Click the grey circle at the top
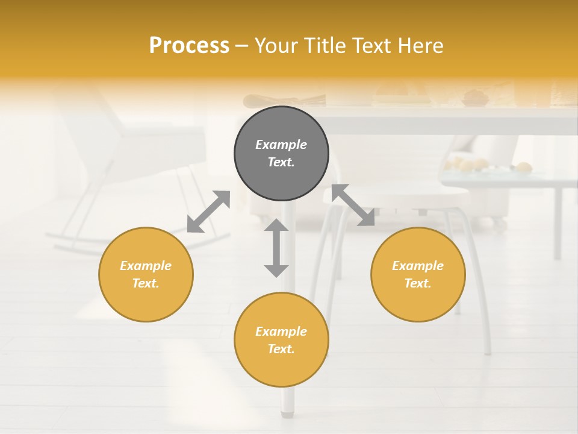pyautogui.click(x=281, y=153)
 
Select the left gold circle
pyautogui.click(x=146, y=274)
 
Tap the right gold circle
pyautogui.click(x=418, y=274)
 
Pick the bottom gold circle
pyautogui.click(x=281, y=340)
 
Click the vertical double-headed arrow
pyautogui.click(x=276, y=248)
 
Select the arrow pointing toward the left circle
pyautogui.click(x=208, y=212)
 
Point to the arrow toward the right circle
pyautogui.click(x=353, y=206)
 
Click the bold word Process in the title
pyautogui.click(x=189, y=45)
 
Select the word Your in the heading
pyautogui.click(x=276, y=45)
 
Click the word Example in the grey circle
pyautogui.click(x=281, y=145)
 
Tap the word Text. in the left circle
pyautogui.click(x=146, y=283)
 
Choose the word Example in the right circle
pyautogui.click(x=418, y=266)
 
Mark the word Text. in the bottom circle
pyautogui.click(x=281, y=349)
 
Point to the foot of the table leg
pyautogui.click(x=287, y=414)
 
